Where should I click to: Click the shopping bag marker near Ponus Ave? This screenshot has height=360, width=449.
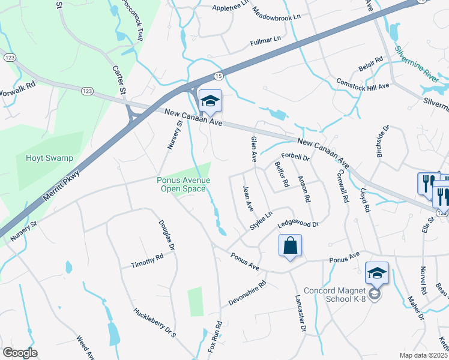point(290,246)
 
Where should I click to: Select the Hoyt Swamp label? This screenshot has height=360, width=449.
point(49,158)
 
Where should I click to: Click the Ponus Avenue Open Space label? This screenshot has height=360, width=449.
point(184,184)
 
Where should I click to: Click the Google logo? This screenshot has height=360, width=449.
point(20,353)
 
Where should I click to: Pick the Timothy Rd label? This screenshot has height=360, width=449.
point(147,261)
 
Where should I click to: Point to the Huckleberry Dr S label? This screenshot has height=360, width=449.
point(155,323)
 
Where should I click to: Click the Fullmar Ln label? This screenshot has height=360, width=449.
point(265,41)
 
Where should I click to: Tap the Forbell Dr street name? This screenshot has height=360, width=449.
point(294,158)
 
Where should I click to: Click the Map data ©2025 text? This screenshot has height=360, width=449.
point(424,355)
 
